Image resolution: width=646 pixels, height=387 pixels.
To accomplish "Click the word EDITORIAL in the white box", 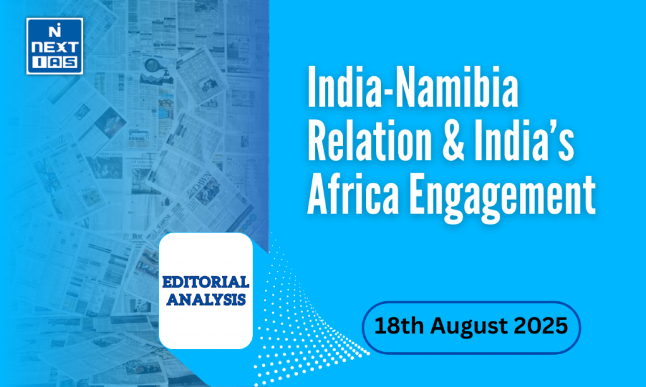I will [206, 282].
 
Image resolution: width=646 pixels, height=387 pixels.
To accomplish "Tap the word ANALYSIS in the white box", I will [206, 299].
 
